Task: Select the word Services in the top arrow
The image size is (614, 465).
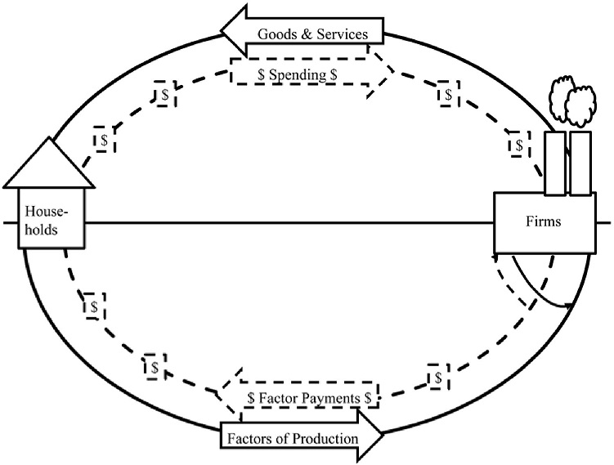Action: pyautogui.click(x=343, y=34)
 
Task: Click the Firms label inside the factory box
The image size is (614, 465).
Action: pyautogui.click(x=543, y=221)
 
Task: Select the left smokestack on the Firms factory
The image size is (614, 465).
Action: pyautogui.click(x=555, y=163)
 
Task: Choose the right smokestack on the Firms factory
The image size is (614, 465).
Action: pyautogui.click(x=580, y=163)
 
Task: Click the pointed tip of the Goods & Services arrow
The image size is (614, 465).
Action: pyautogui.click(x=222, y=30)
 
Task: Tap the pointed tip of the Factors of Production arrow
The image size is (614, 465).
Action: pyautogui.click(x=382, y=434)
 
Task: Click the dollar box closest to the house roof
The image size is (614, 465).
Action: pyautogui.click(x=104, y=140)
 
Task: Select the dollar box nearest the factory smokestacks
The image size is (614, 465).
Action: pyautogui.click(x=520, y=145)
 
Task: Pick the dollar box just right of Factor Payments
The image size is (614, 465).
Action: pyautogui.click(x=438, y=377)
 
